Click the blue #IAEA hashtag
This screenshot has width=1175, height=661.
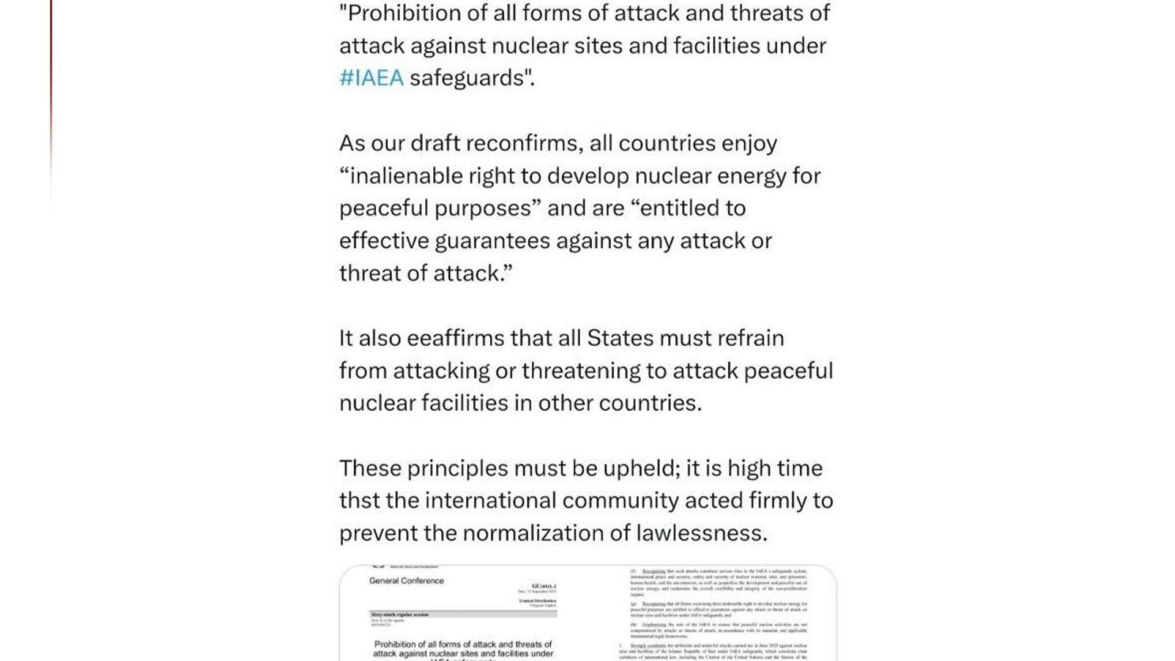pos(371,78)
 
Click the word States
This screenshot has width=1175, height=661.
pos(620,338)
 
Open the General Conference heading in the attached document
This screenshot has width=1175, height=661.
pos(406,581)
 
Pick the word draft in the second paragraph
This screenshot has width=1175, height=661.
pos(435,143)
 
